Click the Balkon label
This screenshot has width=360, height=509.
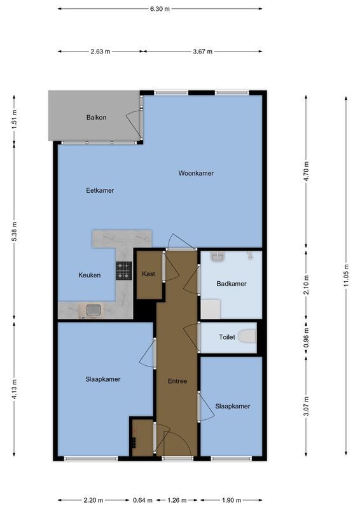click(x=97, y=118)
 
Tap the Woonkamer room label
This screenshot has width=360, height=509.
click(x=196, y=173)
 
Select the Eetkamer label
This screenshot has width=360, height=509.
click(x=100, y=190)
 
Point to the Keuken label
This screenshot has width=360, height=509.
click(x=89, y=275)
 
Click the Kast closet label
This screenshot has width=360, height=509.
click(x=148, y=274)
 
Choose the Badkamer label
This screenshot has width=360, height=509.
click(x=231, y=284)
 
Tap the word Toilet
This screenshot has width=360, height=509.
click(x=227, y=337)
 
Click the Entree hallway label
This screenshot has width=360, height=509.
click(x=177, y=381)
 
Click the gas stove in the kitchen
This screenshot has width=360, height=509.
click(x=123, y=272)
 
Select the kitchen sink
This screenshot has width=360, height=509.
click(x=93, y=310)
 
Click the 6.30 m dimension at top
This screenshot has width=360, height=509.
click(x=160, y=10)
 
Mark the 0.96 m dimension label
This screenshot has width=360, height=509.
click(x=306, y=337)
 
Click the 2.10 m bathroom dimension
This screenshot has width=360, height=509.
click(x=306, y=282)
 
